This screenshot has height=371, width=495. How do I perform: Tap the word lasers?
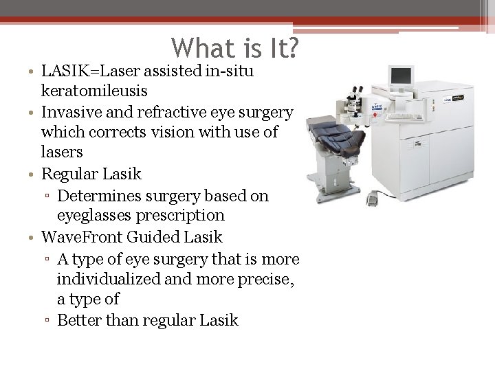(x=62, y=151)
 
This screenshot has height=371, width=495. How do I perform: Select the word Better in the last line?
(x=78, y=320)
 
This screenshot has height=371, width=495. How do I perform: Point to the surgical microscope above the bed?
(x=355, y=100)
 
